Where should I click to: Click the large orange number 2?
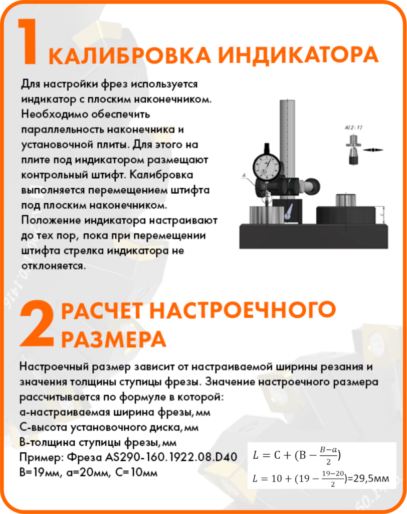tap(36, 324)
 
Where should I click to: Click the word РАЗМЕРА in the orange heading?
tap(113, 340)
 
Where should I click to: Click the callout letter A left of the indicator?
tap(243, 175)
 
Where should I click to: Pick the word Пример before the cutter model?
tap(38, 458)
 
